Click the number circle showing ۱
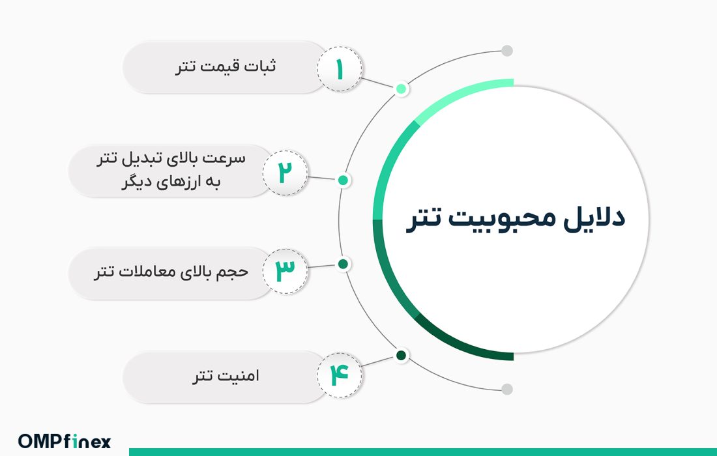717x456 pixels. tap(339, 68)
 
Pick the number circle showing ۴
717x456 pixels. tap(339, 376)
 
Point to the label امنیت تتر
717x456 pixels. tap(226, 377)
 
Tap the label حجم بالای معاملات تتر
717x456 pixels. tap(171, 272)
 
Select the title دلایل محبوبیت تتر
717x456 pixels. tap(515, 219)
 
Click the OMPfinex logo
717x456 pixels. tap(65, 441)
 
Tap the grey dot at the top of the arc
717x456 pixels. tap(507, 51)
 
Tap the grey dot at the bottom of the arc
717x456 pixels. tap(507, 389)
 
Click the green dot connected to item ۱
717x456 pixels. tap(402, 89)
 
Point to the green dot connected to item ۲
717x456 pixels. tap(344, 180)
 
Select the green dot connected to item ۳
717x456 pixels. tap(343, 264)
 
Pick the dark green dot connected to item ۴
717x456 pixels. tap(402, 355)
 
